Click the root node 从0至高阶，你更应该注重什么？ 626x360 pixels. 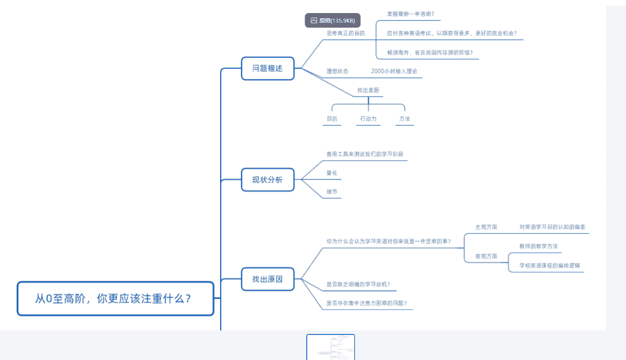coord(115,298)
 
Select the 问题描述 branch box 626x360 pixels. coord(268,68)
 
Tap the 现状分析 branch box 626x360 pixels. coord(268,180)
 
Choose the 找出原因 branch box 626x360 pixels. coord(268,279)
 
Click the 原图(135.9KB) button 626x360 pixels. coord(332,20)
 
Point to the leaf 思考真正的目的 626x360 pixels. coord(345,33)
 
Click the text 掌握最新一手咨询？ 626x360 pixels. coord(411,14)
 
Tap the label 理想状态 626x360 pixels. coord(338,71)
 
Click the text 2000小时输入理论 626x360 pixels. coord(394,71)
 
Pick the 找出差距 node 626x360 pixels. coord(368,90)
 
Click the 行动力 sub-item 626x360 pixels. coord(368,119)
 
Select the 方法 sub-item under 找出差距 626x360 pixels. coord(404,119)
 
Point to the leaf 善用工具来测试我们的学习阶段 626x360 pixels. coord(365,154)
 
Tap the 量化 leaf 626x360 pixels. coord(332,173)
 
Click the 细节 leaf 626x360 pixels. coord(332,192)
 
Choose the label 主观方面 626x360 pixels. coord(486,227)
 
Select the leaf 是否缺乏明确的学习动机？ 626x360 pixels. coord(358,284)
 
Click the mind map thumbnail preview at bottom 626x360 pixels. coord(330,347)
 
